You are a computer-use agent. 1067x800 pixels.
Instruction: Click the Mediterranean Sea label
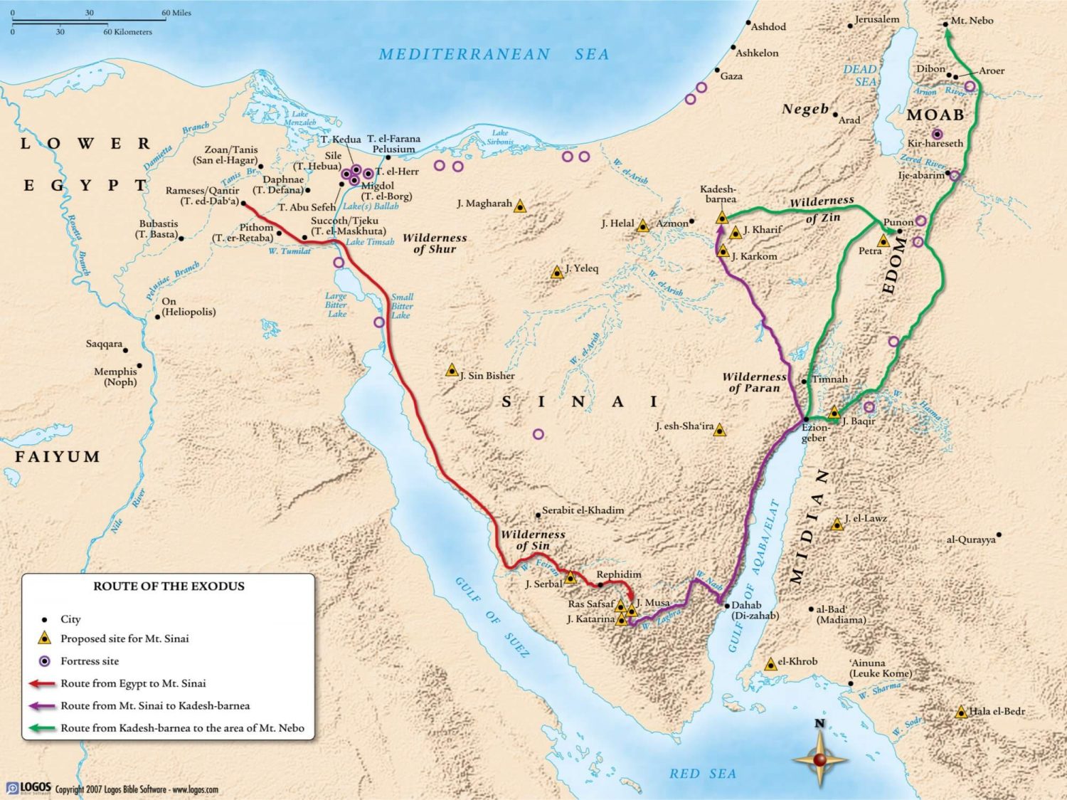pos(493,54)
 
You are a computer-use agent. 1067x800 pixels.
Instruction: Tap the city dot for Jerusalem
pos(850,26)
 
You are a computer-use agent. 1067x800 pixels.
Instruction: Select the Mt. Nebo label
pos(972,21)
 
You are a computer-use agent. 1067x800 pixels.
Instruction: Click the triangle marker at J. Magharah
pos(520,206)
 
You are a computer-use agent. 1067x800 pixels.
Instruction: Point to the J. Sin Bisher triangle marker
pos(452,370)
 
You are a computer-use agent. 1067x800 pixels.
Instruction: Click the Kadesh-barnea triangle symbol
pos(722,218)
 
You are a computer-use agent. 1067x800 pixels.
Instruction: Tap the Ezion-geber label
pos(815,433)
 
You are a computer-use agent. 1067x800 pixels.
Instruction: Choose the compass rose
pos(819,759)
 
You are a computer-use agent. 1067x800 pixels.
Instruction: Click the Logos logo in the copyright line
pos(29,788)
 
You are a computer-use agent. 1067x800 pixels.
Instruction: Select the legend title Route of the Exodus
pos(169,586)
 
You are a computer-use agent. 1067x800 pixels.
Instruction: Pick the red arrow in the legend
pos(42,684)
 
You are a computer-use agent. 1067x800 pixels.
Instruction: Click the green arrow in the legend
pos(42,728)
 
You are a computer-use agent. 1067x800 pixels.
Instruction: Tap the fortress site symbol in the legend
pos(45,661)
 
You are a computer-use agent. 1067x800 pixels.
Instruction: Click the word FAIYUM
pos(58,457)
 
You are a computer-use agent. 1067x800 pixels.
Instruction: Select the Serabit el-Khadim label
pos(583,510)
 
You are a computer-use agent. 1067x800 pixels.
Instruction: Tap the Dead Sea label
pos(860,75)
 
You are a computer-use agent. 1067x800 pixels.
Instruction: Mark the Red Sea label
pos(702,774)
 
